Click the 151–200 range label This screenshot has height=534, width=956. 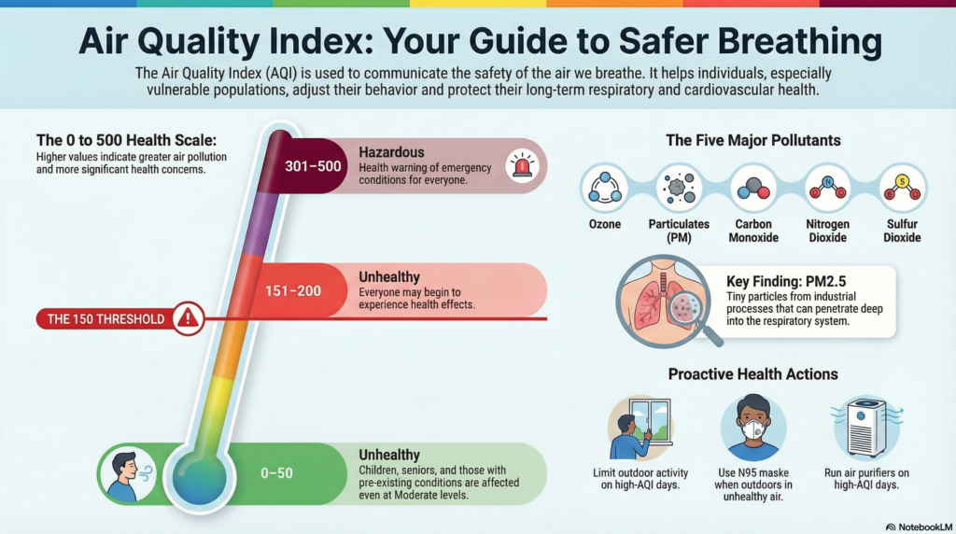(293, 291)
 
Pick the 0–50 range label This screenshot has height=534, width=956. (276, 473)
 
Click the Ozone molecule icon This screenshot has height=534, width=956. (604, 188)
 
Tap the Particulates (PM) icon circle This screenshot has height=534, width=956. (679, 188)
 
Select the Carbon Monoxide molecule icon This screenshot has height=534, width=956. (753, 188)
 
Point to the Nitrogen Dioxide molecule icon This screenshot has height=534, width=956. (827, 188)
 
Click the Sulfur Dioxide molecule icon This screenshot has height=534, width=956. (902, 188)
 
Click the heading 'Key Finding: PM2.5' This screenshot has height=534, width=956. (785, 281)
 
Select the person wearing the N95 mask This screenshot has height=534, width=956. (753, 428)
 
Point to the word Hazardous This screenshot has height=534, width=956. (391, 151)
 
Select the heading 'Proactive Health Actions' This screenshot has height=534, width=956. (752, 374)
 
